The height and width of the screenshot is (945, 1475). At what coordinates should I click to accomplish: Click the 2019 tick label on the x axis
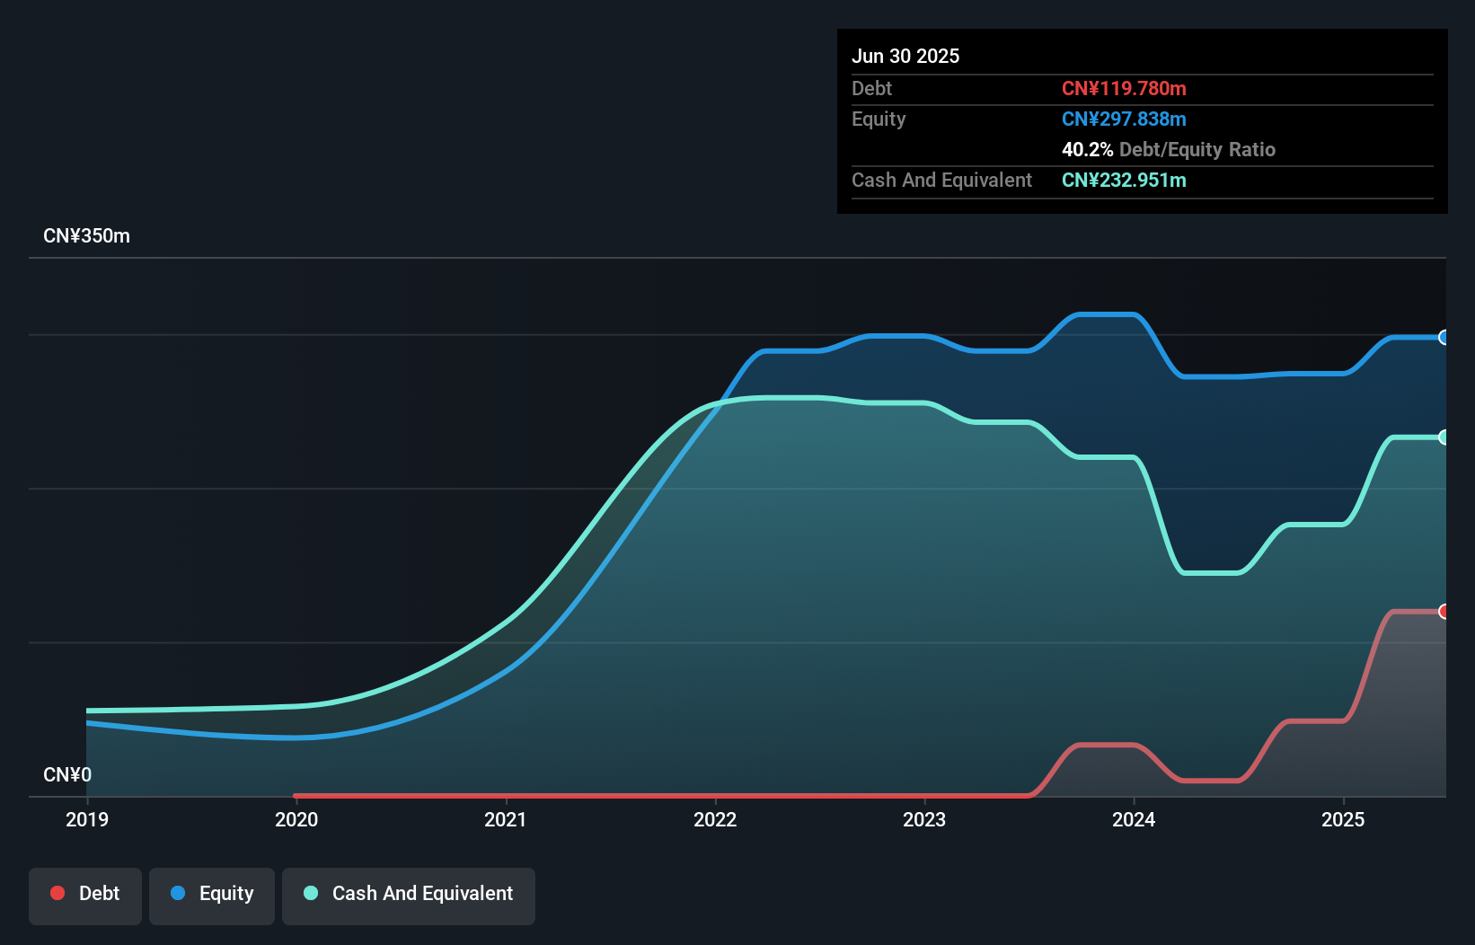pos(87,819)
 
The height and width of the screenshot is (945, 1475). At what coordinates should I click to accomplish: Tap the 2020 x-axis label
pos(296,819)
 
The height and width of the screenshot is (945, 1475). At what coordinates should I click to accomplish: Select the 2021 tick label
pos(506,819)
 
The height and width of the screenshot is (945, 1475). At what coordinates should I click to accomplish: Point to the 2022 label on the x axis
pos(715,819)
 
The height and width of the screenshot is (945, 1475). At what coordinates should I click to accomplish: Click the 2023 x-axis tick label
pos(924,819)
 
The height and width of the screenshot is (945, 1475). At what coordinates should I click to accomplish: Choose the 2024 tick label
pos(1134,819)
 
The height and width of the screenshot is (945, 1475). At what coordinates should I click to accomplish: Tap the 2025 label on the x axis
pos(1343,819)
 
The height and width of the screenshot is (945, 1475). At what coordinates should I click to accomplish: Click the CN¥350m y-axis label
pos(86,236)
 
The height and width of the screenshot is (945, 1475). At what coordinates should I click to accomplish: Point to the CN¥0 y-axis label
pos(67,774)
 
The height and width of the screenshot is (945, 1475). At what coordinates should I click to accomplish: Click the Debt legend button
pos(85,894)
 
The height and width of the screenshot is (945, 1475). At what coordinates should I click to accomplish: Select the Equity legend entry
pos(212,894)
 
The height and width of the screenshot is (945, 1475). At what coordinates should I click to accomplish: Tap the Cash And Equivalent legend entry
pos(409,894)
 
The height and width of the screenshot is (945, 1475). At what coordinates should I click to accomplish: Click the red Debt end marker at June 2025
pos(1444,612)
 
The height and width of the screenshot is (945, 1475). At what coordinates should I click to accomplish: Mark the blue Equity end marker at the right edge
pos(1444,338)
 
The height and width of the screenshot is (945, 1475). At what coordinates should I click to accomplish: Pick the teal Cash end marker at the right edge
pos(1444,437)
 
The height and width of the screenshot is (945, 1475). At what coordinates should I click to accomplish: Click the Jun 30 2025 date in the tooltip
pos(905,56)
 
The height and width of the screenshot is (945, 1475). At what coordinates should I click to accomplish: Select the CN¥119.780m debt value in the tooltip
pos(1124,88)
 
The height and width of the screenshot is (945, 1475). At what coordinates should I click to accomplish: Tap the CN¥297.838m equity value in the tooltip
pos(1124,119)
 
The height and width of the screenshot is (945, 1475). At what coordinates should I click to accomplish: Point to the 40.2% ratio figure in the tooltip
pos(1087,149)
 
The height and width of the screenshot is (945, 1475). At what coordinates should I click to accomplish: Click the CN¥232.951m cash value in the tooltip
pos(1124,180)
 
